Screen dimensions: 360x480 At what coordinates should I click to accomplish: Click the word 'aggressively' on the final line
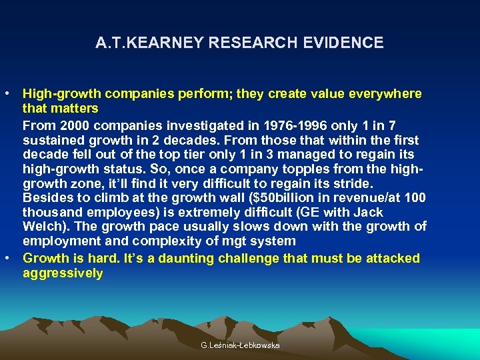point(63,273)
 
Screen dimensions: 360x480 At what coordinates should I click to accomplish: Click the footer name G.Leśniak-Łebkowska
point(240,345)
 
